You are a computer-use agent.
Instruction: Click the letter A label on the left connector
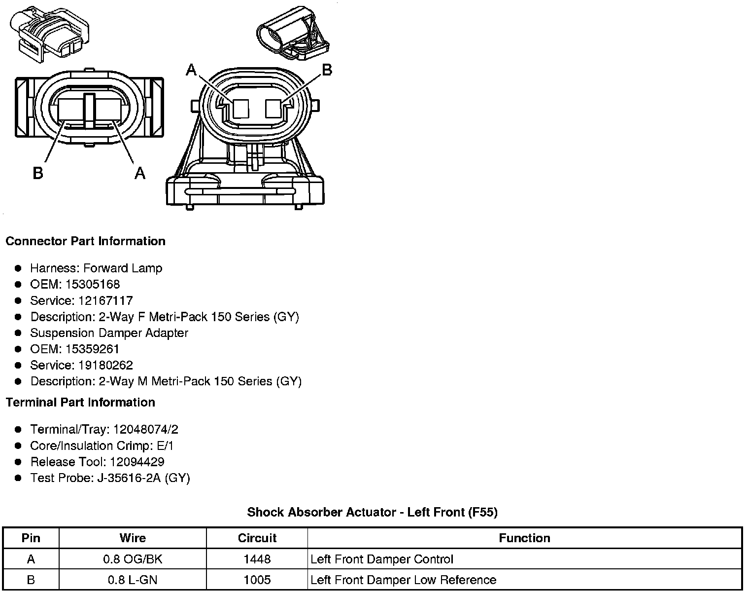pyautogui.click(x=140, y=173)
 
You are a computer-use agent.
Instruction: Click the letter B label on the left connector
pyautogui.click(x=38, y=173)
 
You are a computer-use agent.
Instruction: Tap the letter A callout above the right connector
pyautogui.click(x=191, y=71)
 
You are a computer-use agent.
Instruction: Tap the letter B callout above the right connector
pyautogui.click(x=327, y=71)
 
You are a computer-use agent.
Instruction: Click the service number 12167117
pyautogui.click(x=105, y=300)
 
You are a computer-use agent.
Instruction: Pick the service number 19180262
pyautogui.click(x=105, y=365)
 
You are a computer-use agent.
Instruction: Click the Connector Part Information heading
pyautogui.click(x=85, y=241)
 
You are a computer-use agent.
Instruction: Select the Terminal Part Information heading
pyautogui.click(x=80, y=403)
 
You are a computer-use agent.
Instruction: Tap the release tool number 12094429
pyautogui.click(x=137, y=462)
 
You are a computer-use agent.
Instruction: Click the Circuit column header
pyautogui.click(x=257, y=538)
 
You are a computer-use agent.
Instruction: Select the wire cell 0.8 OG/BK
pyautogui.click(x=132, y=559)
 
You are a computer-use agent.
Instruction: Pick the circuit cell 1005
pyautogui.click(x=257, y=580)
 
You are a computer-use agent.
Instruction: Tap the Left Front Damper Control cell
pyautogui.click(x=382, y=559)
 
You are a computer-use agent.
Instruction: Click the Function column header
pyautogui.click(x=524, y=538)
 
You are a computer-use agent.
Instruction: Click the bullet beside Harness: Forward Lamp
pyautogui.click(x=18, y=268)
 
